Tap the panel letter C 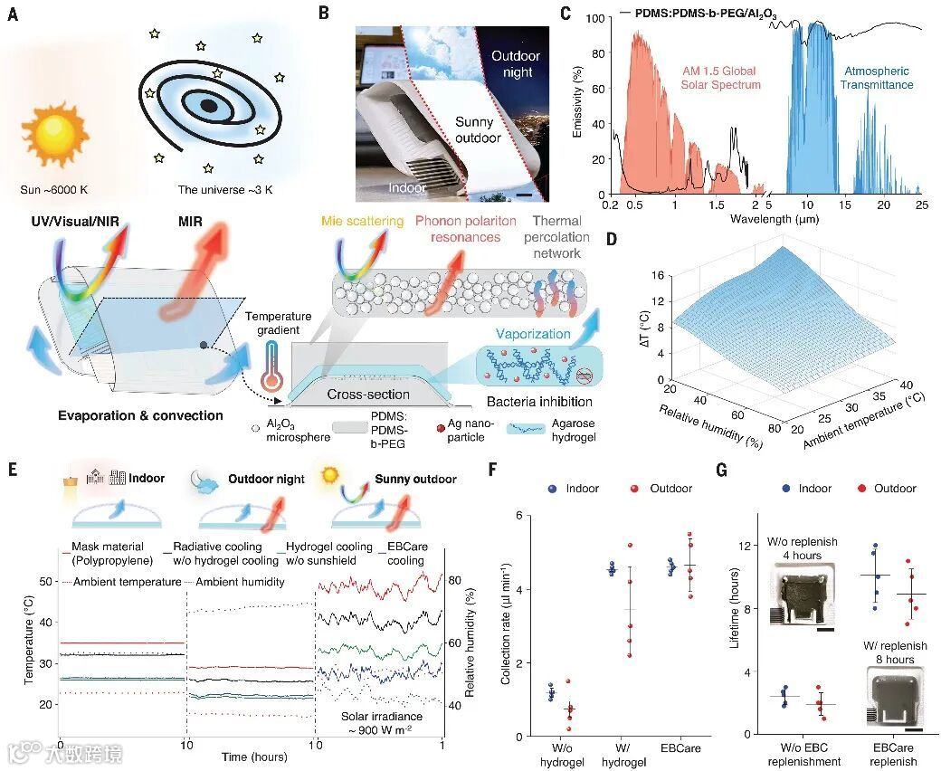pyautogui.click(x=566, y=14)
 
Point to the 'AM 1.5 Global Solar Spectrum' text pyautogui.click(x=721, y=78)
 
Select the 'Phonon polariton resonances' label pyautogui.click(x=465, y=230)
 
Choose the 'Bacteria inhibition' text pyautogui.click(x=539, y=402)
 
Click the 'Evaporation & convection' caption pyautogui.click(x=140, y=415)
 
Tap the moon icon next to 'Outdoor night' pyautogui.click(x=204, y=481)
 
